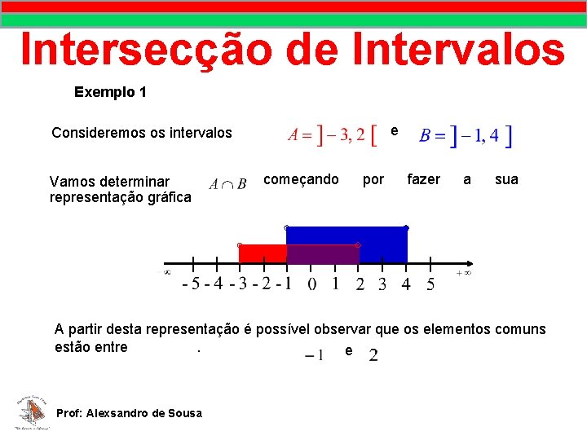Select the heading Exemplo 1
[110, 92]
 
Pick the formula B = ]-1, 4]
[466, 136]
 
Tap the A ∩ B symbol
[227, 184]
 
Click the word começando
[302, 179]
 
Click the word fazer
[423, 179]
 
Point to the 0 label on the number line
[312, 284]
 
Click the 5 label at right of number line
[430, 284]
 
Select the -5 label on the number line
[191, 284]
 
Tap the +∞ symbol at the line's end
[463, 274]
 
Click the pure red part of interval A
[263, 254]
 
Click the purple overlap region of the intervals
[323, 254]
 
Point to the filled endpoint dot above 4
[406, 227]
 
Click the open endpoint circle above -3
[239, 244]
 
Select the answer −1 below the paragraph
[315, 355]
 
